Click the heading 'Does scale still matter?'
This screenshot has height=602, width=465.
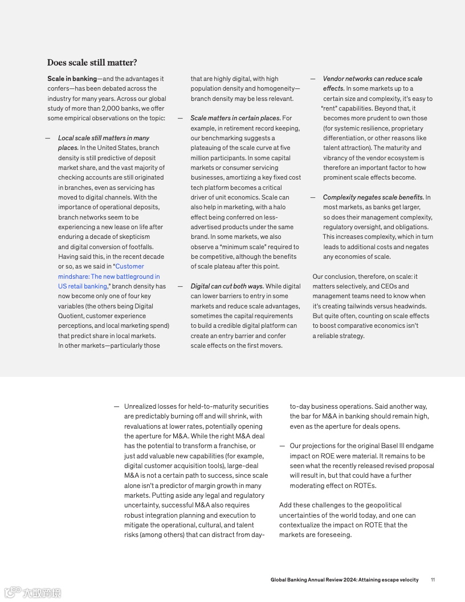coord(92,63)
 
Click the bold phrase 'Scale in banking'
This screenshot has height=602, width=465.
coord(72,79)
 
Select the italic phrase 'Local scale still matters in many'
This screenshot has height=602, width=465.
coord(103,138)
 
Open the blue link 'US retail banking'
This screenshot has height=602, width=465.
coord(82,286)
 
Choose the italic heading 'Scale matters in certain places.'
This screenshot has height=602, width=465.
coord(235,118)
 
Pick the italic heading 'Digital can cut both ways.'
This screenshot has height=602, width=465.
coord(227,286)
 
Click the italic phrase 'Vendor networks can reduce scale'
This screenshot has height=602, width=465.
coord(373,79)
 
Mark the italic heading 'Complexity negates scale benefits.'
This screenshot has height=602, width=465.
coord(373,197)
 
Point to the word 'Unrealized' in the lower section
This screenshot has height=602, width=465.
coord(140,406)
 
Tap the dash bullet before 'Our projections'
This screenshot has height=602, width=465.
coord(282,446)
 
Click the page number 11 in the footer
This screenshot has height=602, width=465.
coord(433,580)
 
